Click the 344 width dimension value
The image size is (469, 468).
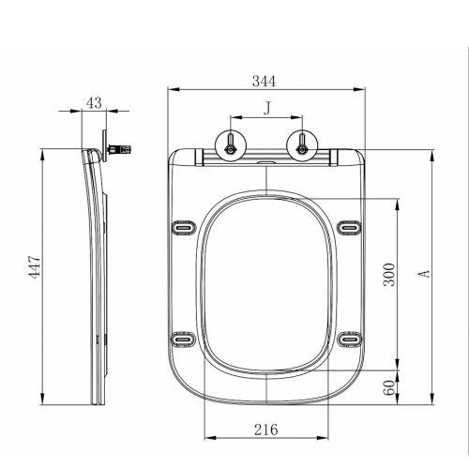(x=265, y=81)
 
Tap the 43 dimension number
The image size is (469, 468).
(x=94, y=102)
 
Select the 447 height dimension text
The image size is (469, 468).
(x=35, y=267)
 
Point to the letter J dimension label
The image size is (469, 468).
(x=267, y=108)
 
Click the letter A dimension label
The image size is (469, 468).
(x=424, y=274)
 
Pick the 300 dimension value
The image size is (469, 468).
(x=389, y=275)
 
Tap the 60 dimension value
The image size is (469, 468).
(x=389, y=387)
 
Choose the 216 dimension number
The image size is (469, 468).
(x=266, y=430)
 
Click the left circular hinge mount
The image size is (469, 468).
(x=231, y=145)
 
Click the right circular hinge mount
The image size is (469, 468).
(x=302, y=145)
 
